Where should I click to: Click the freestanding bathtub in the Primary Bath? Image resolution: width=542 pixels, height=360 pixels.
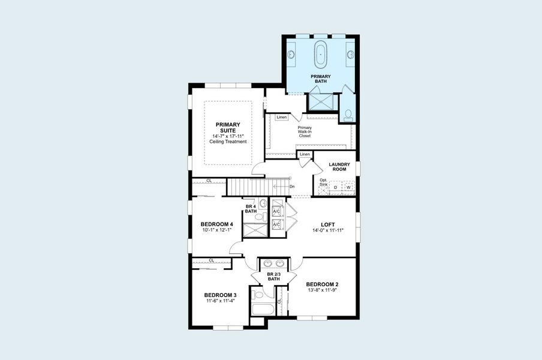click(321, 55)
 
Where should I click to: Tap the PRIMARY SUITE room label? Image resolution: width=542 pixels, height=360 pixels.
click(228, 127)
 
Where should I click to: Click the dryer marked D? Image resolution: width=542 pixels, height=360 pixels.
click(336, 188)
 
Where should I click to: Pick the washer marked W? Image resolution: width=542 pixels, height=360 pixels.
click(349, 188)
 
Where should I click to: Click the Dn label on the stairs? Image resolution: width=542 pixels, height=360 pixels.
click(292, 186)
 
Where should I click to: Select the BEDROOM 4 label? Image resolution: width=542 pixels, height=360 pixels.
click(216, 224)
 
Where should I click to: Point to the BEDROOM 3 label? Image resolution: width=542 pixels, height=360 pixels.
click(220, 295)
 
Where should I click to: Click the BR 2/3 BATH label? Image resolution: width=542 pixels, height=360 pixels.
click(274, 276)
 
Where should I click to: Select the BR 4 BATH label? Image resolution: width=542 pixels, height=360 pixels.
click(251, 209)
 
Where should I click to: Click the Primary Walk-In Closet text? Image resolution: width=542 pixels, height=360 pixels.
click(305, 131)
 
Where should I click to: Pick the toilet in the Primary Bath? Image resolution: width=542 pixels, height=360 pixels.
click(348, 113)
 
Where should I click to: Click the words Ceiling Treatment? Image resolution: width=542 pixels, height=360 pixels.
click(228, 142)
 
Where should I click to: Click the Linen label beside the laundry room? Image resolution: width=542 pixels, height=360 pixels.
click(305, 154)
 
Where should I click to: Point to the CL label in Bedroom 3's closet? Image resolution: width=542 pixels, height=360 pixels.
click(212, 260)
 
